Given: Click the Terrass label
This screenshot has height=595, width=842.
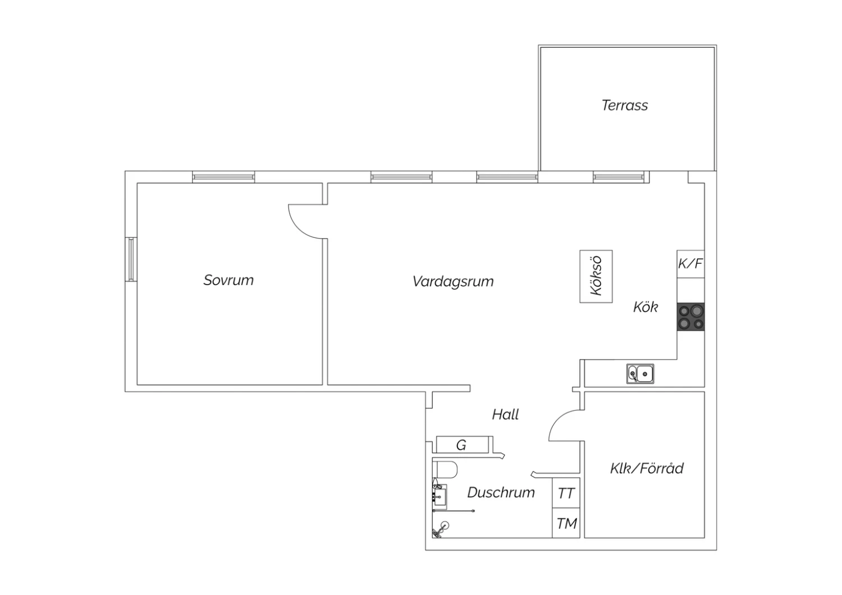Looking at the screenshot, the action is (x=625, y=105).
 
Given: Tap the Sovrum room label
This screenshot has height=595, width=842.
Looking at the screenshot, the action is (x=228, y=280).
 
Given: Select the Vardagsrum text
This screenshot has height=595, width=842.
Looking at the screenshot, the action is (x=453, y=282).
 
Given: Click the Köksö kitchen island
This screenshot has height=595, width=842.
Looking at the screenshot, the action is (x=596, y=276).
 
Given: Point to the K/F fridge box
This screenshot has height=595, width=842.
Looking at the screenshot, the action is (x=690, y=264).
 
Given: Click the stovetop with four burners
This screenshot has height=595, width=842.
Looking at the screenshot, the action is (x=691, y=317).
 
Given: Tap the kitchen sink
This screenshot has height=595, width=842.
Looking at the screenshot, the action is (x=640, y=374).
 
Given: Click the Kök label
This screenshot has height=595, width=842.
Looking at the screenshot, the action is (x=646, y=307).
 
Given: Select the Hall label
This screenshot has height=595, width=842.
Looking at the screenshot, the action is (x=506, y=415).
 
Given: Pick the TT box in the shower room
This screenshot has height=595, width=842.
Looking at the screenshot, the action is (x=566, y=493).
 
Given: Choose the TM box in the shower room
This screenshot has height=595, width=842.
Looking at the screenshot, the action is (x=566, y=523).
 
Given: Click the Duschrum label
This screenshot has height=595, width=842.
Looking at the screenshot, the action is (x=501, y=492).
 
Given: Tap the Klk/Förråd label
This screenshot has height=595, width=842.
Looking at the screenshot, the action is (x=647, y=468).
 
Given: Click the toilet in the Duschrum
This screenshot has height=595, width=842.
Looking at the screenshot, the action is (x=445, y=470).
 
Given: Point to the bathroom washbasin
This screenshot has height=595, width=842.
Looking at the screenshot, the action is (x=440, y=497).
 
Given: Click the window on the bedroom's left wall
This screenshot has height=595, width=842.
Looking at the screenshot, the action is (x=131, y=259).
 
